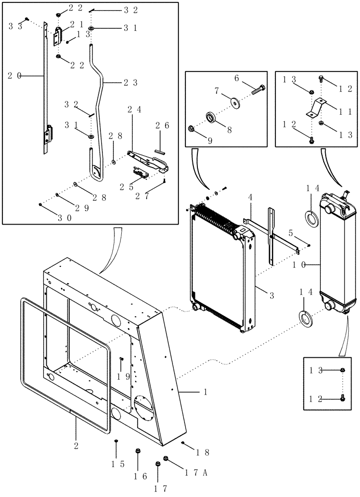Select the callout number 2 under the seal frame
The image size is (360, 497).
[76, 432]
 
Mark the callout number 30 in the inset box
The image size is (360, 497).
[67, 218]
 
